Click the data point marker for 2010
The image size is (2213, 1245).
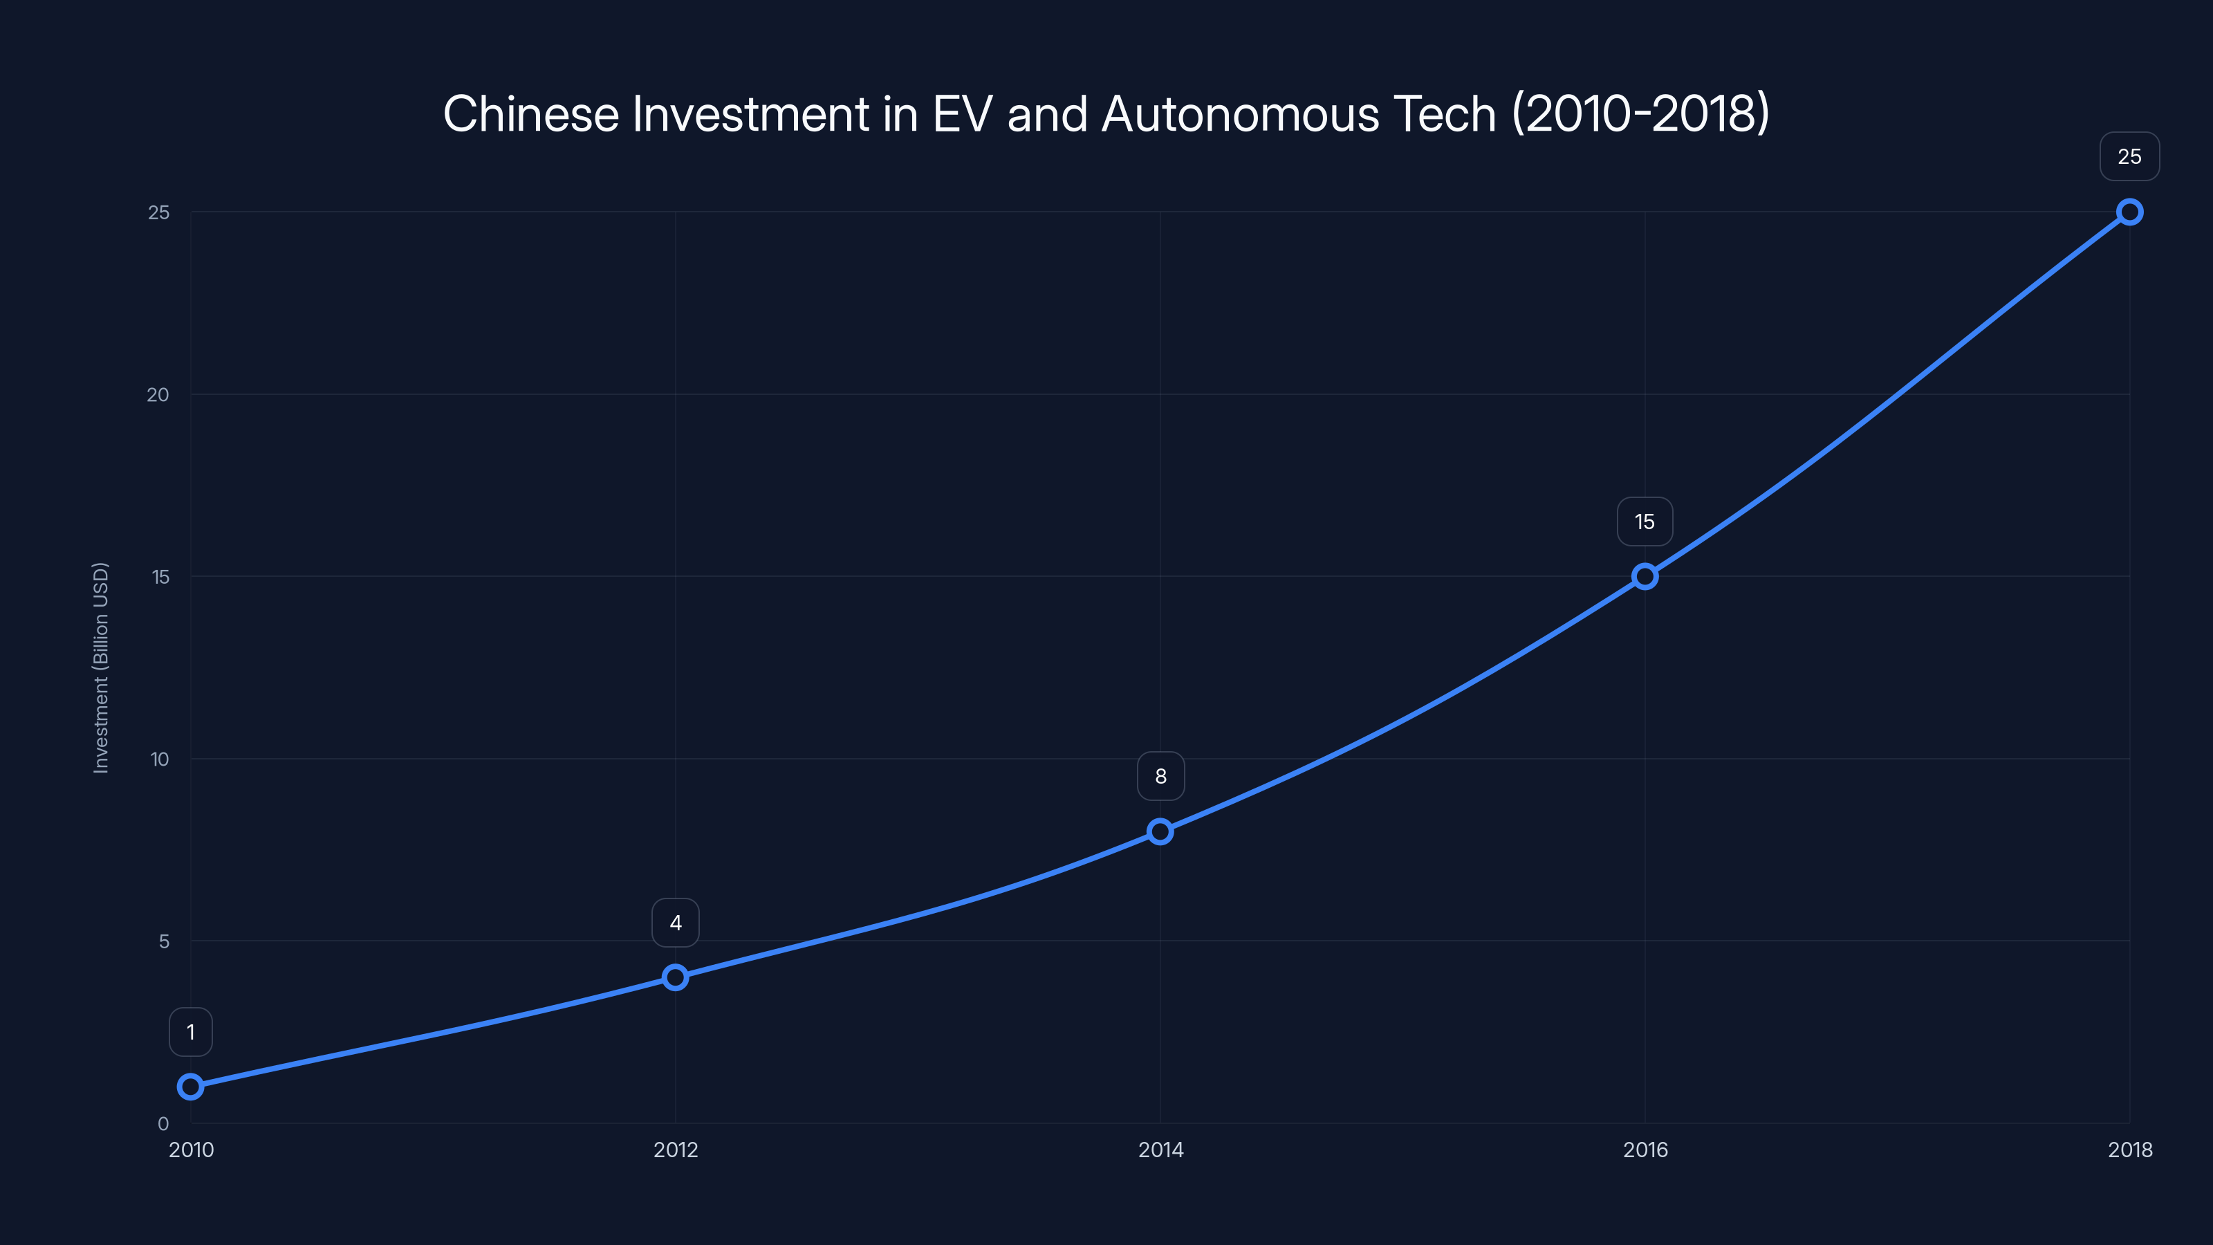[191, 1087]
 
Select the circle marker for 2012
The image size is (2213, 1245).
[675, 977]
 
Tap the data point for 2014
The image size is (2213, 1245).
[1160, 831]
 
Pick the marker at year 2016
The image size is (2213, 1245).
[1645, 577]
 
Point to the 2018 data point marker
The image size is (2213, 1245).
[2129, 212]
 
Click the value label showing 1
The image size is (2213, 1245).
[191, 1032]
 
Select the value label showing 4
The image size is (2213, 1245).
[675, 923]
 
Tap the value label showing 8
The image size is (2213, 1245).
[1160, 776]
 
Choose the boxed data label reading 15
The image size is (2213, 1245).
[1645, 522]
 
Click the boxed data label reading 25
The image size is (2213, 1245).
[2129, 156]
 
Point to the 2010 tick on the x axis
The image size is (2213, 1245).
[191, 1150]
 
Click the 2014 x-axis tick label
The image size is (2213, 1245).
[1160, 1150]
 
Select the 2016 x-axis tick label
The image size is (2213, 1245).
[1645, 1150]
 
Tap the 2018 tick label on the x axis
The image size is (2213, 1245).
[2129, 1150]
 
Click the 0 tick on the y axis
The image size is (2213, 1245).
[163, 1123]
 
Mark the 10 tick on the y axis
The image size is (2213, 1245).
[160, 759]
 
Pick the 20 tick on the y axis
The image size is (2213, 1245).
[158, 394]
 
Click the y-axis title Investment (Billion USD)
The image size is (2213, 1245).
[100, 667]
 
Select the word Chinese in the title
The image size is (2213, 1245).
[530, 114]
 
